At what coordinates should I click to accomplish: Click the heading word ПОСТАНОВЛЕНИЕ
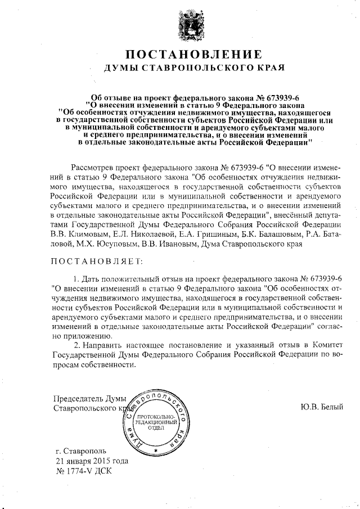[193, 55]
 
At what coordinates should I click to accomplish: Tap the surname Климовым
[85, 234]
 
